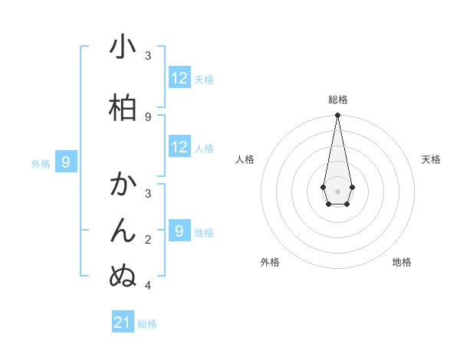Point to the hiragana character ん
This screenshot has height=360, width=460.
pyautogui.click(x=123, y=231)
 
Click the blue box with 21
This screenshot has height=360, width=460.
pyautogui.click(x=123, y=322)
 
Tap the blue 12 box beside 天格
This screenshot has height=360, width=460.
pyautogui.click(x=179, y=78)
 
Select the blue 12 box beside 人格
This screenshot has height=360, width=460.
pyautogui.click(x=179, y=147)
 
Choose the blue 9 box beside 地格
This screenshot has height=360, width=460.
pyautogui.click(x=179, y=231)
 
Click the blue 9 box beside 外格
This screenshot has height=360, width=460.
pyautogui.click(x=67, y=162)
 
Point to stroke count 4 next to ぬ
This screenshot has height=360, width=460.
pyautogui.click(x=148, y=286)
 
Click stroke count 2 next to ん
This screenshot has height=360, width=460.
pyautogui.click(x=148, y=240)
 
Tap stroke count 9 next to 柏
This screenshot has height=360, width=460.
pyautogui.click(x=148, y=116)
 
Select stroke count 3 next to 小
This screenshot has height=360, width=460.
pyautogui.click(x=148, y=55)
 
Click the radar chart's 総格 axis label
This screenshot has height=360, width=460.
pyautogui.click(x=337, y=100)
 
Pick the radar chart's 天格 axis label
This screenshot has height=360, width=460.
pyautogui.click(x=431, y=159)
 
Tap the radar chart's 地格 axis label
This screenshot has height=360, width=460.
pyautogui.click(x=402, y=262)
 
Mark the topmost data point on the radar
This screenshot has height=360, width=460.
pyautogui.click(x=337, y=116)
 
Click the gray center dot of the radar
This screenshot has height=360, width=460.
pyautogui.click(x=337, y=190)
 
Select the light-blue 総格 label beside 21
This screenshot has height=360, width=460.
pyautogui.click(x=147, y=324)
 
